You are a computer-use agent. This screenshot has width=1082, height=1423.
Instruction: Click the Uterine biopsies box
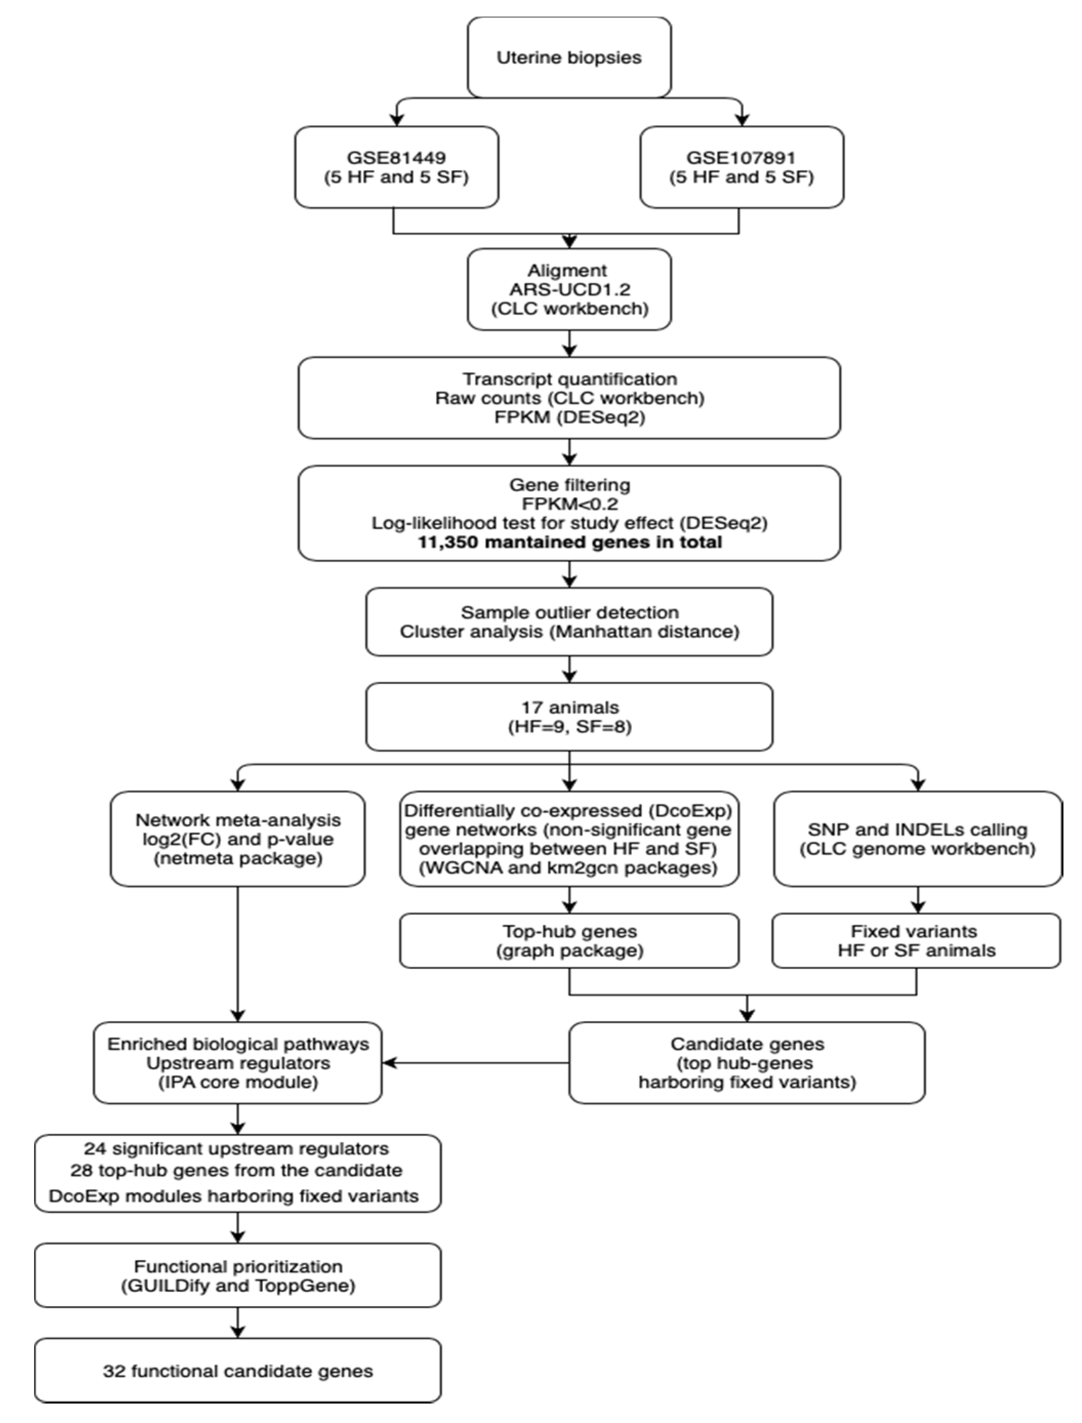569,57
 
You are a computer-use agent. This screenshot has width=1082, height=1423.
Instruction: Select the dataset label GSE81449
396,157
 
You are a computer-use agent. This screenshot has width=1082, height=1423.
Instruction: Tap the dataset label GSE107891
741,157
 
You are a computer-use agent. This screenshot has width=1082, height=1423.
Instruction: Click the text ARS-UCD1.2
569,290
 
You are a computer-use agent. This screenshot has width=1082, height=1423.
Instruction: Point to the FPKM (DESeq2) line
569,417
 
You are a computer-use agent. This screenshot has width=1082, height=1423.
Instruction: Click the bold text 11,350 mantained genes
569,542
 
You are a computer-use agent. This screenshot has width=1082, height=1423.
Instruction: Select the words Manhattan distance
644,632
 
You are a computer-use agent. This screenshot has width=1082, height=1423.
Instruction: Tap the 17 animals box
569,717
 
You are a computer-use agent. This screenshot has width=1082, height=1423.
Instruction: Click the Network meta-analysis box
238,839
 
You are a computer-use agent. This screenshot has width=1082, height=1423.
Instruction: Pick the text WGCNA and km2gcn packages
569,868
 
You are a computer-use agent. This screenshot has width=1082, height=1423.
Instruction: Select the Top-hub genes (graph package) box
569,941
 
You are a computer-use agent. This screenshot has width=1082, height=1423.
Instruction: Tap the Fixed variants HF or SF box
916,941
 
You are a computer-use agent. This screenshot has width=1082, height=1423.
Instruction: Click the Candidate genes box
747,1063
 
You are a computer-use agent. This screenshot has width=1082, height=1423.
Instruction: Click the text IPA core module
238,1082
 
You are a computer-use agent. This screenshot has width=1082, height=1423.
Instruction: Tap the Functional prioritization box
238,1275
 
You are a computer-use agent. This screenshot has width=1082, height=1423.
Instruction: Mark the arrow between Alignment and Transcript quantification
569,344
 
